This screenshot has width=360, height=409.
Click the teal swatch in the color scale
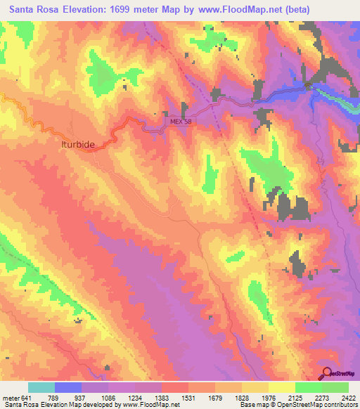tap(41, 387)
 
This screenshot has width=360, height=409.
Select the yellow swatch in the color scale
tap(282, 387)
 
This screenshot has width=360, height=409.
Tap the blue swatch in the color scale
tap(68, 387)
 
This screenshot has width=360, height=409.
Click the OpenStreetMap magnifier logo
tap(326, 373)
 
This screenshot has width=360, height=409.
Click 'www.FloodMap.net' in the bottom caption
tap(150, 405)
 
